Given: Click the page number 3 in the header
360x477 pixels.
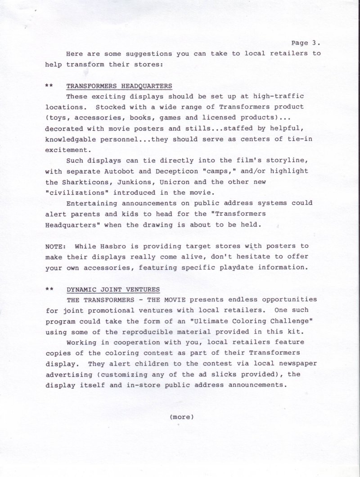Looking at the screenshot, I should tap(314, 43).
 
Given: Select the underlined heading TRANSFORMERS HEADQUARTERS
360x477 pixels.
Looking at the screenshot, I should tap(119, 86).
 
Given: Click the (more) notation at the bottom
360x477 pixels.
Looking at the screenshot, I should tap(182, 417).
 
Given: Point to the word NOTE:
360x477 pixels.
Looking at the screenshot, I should tap(55, 247).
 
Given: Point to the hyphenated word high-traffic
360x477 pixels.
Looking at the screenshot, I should tap(279, 96).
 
